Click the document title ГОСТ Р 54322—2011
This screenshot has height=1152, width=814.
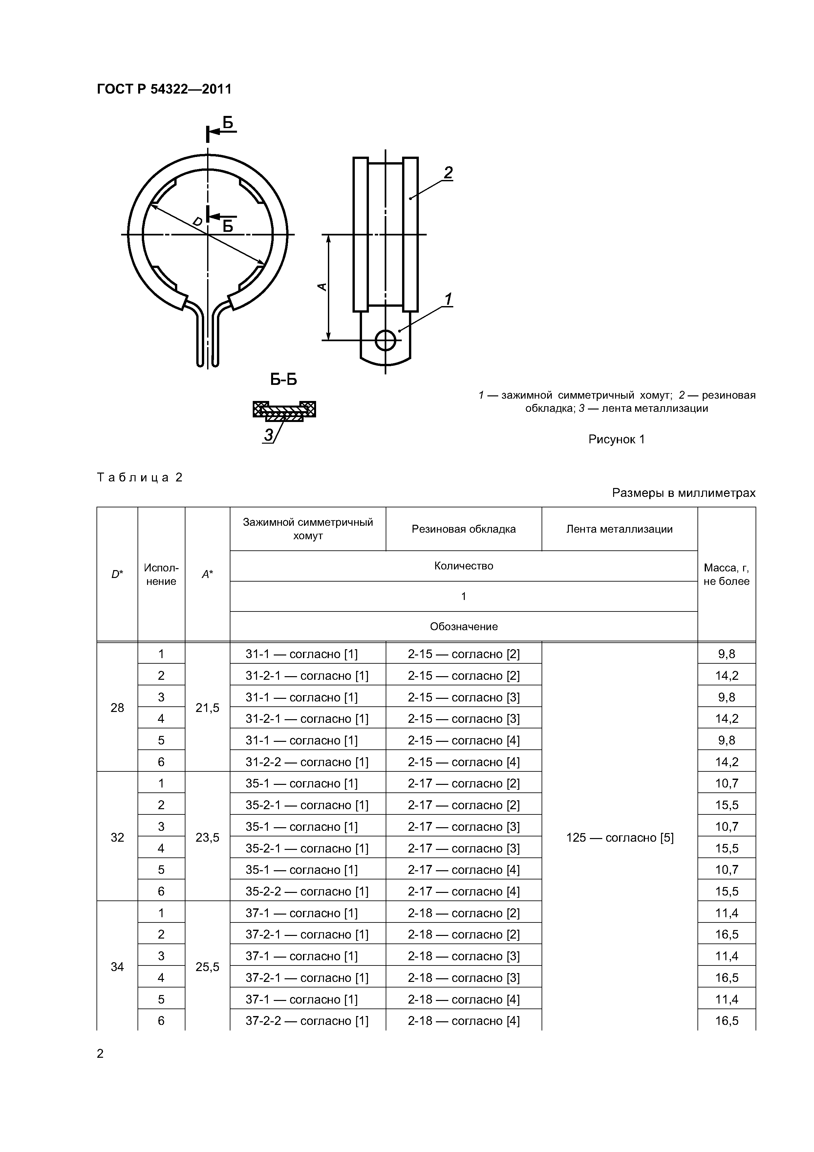164,89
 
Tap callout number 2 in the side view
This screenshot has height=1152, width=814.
447,173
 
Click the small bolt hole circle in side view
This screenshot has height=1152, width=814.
385,340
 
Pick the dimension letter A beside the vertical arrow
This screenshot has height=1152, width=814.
323,287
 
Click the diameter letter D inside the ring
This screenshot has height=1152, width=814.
198,221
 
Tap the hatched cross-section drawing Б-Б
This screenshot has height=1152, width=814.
284,410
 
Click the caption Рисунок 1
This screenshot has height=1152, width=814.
616,439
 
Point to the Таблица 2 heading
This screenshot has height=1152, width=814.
140,477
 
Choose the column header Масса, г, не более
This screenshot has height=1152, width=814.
726,574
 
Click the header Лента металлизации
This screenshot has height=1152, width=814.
619,529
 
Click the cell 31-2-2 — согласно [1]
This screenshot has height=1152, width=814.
307,762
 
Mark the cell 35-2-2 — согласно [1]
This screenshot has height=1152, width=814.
307,891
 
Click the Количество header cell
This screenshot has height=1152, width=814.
463,566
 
